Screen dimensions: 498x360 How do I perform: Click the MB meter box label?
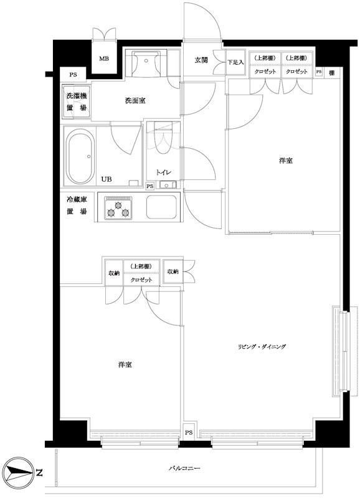point(104,60)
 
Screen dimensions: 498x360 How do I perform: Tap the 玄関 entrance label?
point(201,60)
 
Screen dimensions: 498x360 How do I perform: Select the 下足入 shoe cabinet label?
point(235,62)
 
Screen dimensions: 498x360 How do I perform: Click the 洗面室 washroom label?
point(135,100)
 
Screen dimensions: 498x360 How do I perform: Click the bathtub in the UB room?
point(79,157)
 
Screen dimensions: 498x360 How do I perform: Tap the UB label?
point(107,178)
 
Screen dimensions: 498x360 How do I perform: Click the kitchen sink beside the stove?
point(163,207)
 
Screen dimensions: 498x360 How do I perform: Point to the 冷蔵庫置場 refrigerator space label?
point(77,207)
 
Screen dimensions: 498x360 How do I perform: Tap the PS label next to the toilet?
point(149,186)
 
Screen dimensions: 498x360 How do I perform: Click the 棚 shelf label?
point(332,72)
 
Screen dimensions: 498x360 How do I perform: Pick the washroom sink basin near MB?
point(147,61)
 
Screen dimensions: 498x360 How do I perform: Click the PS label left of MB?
point(73,75)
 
